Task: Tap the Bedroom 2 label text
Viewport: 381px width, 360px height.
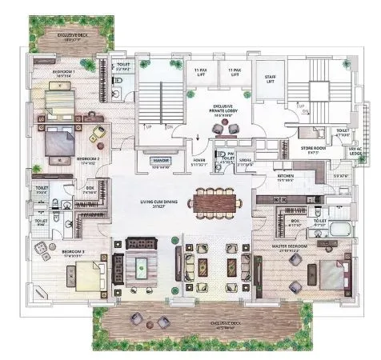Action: click(x=88, y=160)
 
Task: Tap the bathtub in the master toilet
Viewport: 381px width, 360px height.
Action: click(x=343, y=233)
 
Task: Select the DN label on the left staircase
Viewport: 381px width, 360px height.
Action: click(x=169, y=126)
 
